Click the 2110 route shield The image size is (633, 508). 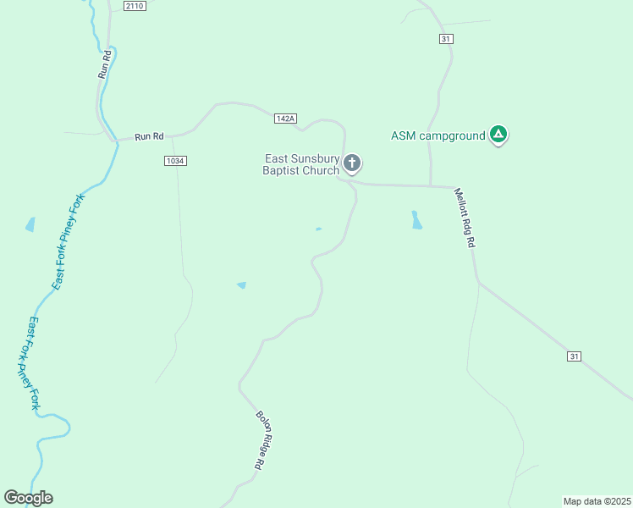135,6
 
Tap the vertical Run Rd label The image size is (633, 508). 105,65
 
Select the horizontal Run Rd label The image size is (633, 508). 148,135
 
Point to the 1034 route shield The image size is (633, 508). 175,160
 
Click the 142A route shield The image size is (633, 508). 286,119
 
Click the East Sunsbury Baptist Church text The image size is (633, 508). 301,164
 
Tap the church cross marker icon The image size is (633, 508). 352,163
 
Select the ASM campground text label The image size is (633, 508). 438,135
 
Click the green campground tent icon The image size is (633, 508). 499,134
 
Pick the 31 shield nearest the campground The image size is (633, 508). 446,39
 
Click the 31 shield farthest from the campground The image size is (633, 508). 574,356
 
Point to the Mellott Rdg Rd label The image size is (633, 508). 465,218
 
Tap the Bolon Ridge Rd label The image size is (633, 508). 266,440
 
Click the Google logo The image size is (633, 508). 28,498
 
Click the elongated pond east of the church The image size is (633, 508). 416,220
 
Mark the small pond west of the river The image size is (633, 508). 30,224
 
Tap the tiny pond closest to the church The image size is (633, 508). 318,229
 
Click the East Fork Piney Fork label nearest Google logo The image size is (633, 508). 30,364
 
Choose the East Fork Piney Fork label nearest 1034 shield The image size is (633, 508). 69,241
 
